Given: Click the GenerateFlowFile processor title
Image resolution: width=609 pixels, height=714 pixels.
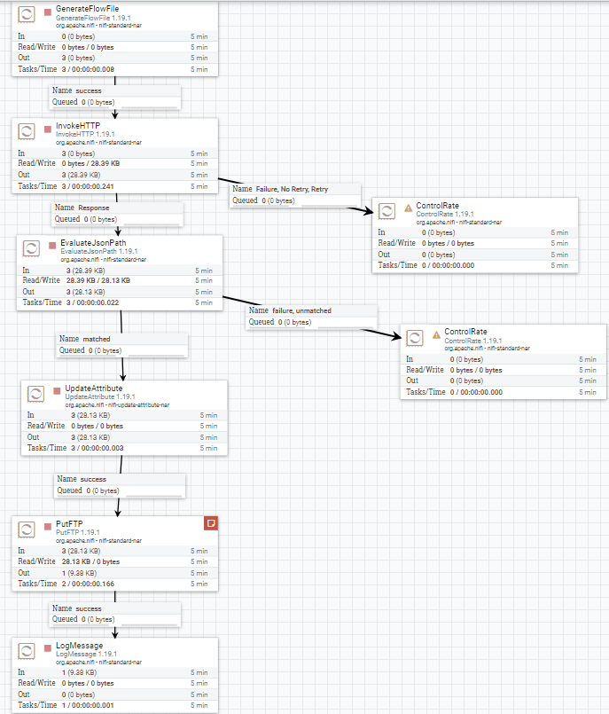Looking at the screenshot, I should (x=87, y=8).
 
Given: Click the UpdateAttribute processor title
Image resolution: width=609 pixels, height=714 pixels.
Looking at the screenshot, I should (x=96, y=388).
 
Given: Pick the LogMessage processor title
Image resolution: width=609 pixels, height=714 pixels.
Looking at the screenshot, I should (x=80, y=645).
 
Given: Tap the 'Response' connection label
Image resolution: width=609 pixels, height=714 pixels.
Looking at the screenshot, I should (x=94, y=208).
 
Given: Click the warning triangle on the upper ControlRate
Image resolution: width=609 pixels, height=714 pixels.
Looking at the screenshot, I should (x=409, y=208).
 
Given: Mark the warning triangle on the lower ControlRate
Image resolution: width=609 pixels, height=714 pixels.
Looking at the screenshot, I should (x=436, y=335).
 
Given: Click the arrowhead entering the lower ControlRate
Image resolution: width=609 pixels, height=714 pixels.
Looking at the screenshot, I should (x=394, y=334).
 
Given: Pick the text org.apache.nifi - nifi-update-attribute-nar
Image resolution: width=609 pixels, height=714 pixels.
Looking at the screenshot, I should (x=117, y=404).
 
